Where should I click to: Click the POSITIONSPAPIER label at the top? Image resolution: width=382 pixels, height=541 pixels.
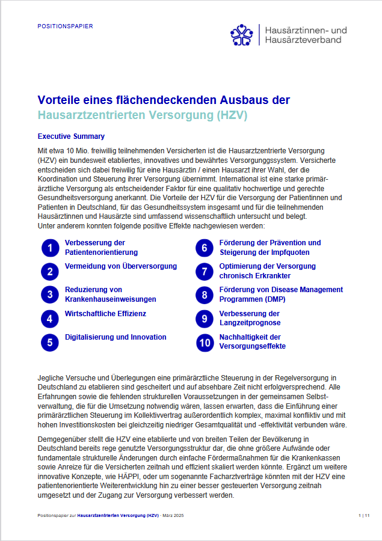pos(65,26)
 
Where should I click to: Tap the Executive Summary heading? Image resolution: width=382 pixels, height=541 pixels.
pos(71,136)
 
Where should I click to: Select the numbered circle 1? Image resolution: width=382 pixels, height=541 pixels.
pos(51,248)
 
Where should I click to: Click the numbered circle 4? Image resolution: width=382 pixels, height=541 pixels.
pos(51,318)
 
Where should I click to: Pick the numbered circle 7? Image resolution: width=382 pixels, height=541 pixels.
pos(205,271)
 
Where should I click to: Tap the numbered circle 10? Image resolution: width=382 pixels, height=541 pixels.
pos(205,342)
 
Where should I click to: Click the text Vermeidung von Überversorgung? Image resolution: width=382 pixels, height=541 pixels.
pos(120,266)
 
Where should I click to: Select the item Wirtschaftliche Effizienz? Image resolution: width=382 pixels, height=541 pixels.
pos(105,314)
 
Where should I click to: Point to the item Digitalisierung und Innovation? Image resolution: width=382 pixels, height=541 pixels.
pos(116,337)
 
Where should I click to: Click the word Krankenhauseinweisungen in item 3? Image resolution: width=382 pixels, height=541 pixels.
pos(110,299)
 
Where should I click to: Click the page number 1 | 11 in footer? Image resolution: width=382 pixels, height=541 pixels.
pos(363,516)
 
